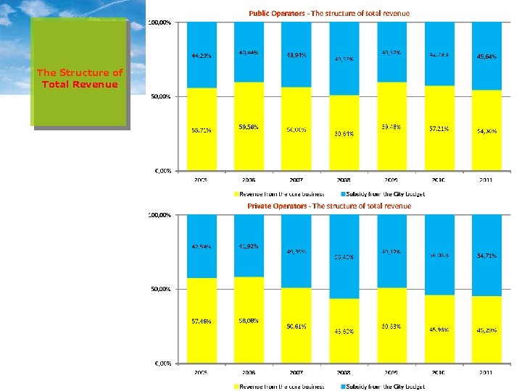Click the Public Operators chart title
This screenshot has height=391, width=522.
tap(329, 13)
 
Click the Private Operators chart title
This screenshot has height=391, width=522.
tap(329, 206)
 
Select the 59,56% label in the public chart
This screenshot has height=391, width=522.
tap(249, 126)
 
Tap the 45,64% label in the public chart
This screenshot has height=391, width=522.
tap(486, 56)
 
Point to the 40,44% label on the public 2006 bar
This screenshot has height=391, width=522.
tap(249, 53)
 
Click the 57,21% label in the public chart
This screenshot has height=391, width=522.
tap(439, 128)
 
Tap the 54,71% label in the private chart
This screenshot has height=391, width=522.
tap(486, 256)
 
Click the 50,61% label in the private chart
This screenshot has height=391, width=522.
tap(296, 326)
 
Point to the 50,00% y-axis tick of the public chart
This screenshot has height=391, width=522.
tap(160, 96)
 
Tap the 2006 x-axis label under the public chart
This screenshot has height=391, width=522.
tap(249, 179)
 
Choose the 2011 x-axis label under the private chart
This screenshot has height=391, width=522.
tap(486, 372)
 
